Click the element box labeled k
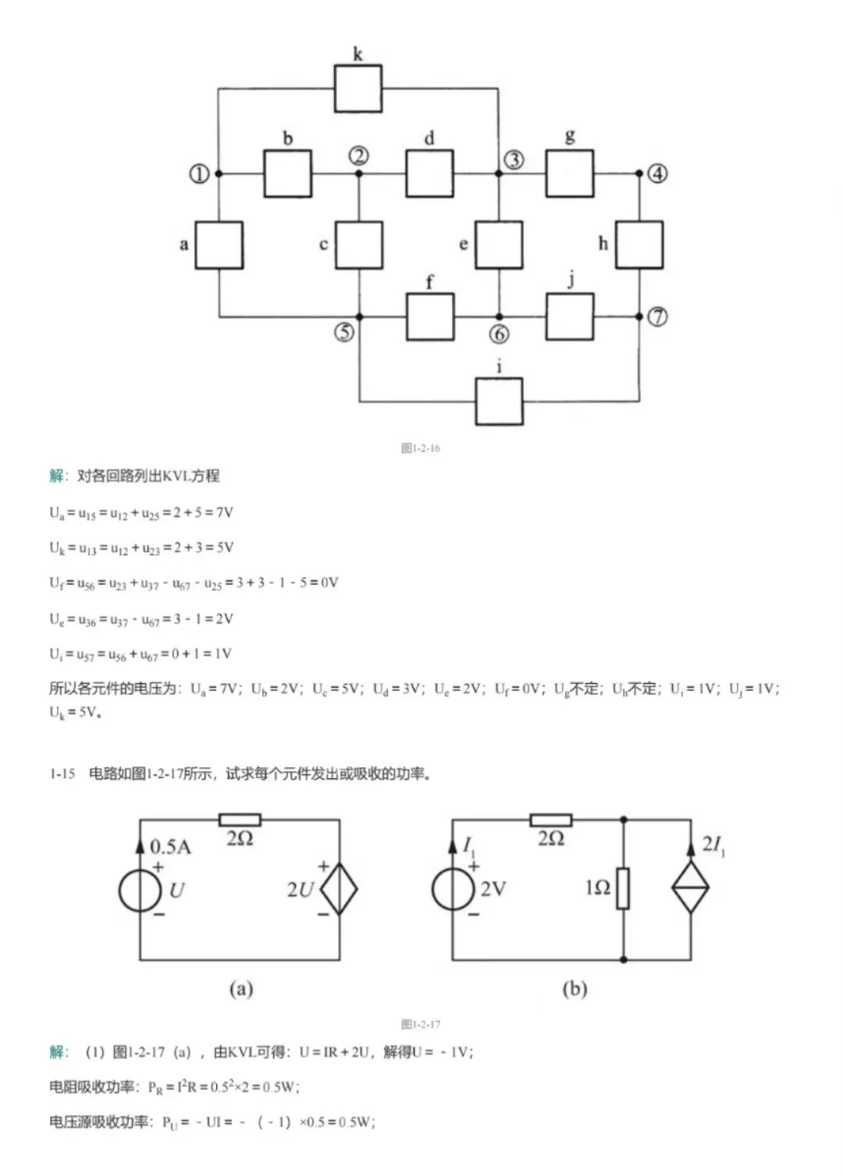point(358,89)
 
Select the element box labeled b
point(288,173)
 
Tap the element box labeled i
point(500,401)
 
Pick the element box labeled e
point(499,245)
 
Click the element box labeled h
point(639,245)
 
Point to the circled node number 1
point(199,173)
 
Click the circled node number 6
point(500,334)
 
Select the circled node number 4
point(658,173)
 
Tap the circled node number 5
point(344,333)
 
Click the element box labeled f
point(430,317)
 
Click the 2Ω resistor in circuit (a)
point(240,820)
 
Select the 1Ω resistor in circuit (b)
point(623,888)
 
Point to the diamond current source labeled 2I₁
point(691,888)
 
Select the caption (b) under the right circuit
point(574,989)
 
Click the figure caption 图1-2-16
point(421,448)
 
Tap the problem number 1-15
point(62,774)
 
